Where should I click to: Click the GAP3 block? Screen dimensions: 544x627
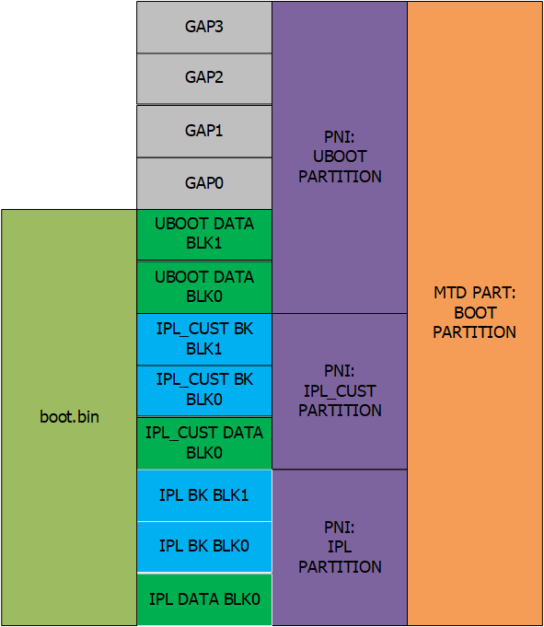pos(204,28)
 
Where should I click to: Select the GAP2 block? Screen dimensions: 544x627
pos(204,79)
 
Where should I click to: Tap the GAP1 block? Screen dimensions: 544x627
pos(204,131)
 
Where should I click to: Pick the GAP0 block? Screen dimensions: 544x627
pos(204,183)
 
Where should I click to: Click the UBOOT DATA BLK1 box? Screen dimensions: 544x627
pos(204,235)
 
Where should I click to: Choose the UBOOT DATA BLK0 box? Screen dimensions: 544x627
pos(204,287)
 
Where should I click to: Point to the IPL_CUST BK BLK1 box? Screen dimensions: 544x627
pos(204,339)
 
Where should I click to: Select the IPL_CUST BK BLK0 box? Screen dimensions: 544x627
pos(204,390)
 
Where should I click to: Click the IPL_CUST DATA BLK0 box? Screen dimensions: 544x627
pos(204,443)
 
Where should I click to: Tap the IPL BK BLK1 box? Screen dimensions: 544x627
pos(204,495)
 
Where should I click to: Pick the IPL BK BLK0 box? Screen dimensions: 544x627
pos(204,547)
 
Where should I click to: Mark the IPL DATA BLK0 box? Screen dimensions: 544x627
pos(204,599)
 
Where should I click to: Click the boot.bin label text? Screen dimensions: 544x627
pos(70,417)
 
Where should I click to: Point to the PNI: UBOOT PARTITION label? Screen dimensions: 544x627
pos(340,157)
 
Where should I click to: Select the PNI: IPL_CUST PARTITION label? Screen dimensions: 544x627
pos(340,390)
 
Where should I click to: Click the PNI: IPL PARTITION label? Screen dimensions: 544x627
pos(340,547)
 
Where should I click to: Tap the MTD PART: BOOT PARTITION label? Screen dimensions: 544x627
pos(475,312)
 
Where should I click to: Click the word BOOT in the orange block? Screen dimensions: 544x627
pos(475,313)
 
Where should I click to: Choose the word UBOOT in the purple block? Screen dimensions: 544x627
pos(340,157)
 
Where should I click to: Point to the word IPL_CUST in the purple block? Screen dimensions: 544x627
pos(340,391)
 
